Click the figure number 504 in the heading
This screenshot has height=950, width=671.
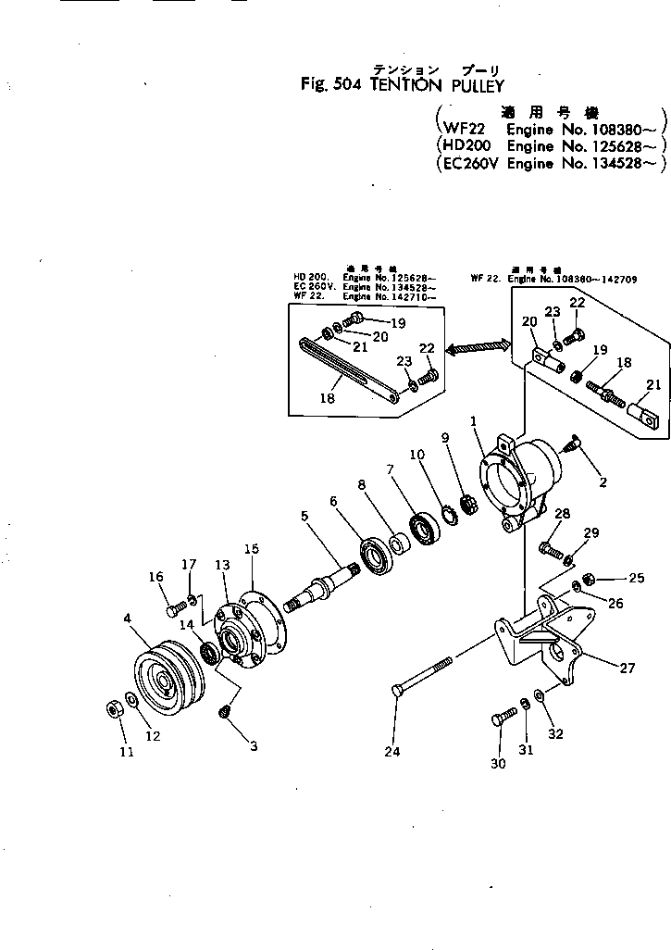347,85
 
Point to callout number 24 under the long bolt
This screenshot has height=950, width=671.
392,752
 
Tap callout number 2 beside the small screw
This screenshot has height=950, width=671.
602,482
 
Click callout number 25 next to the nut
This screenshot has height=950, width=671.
636,579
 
